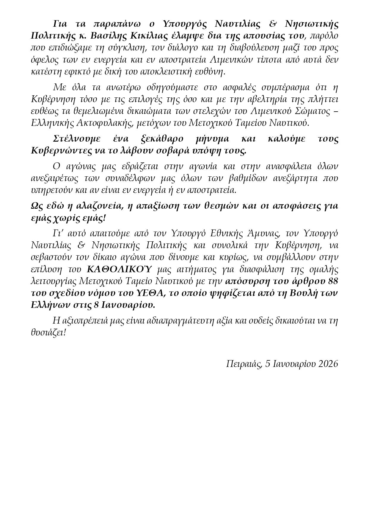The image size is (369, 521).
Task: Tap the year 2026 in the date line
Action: [328, 364]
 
